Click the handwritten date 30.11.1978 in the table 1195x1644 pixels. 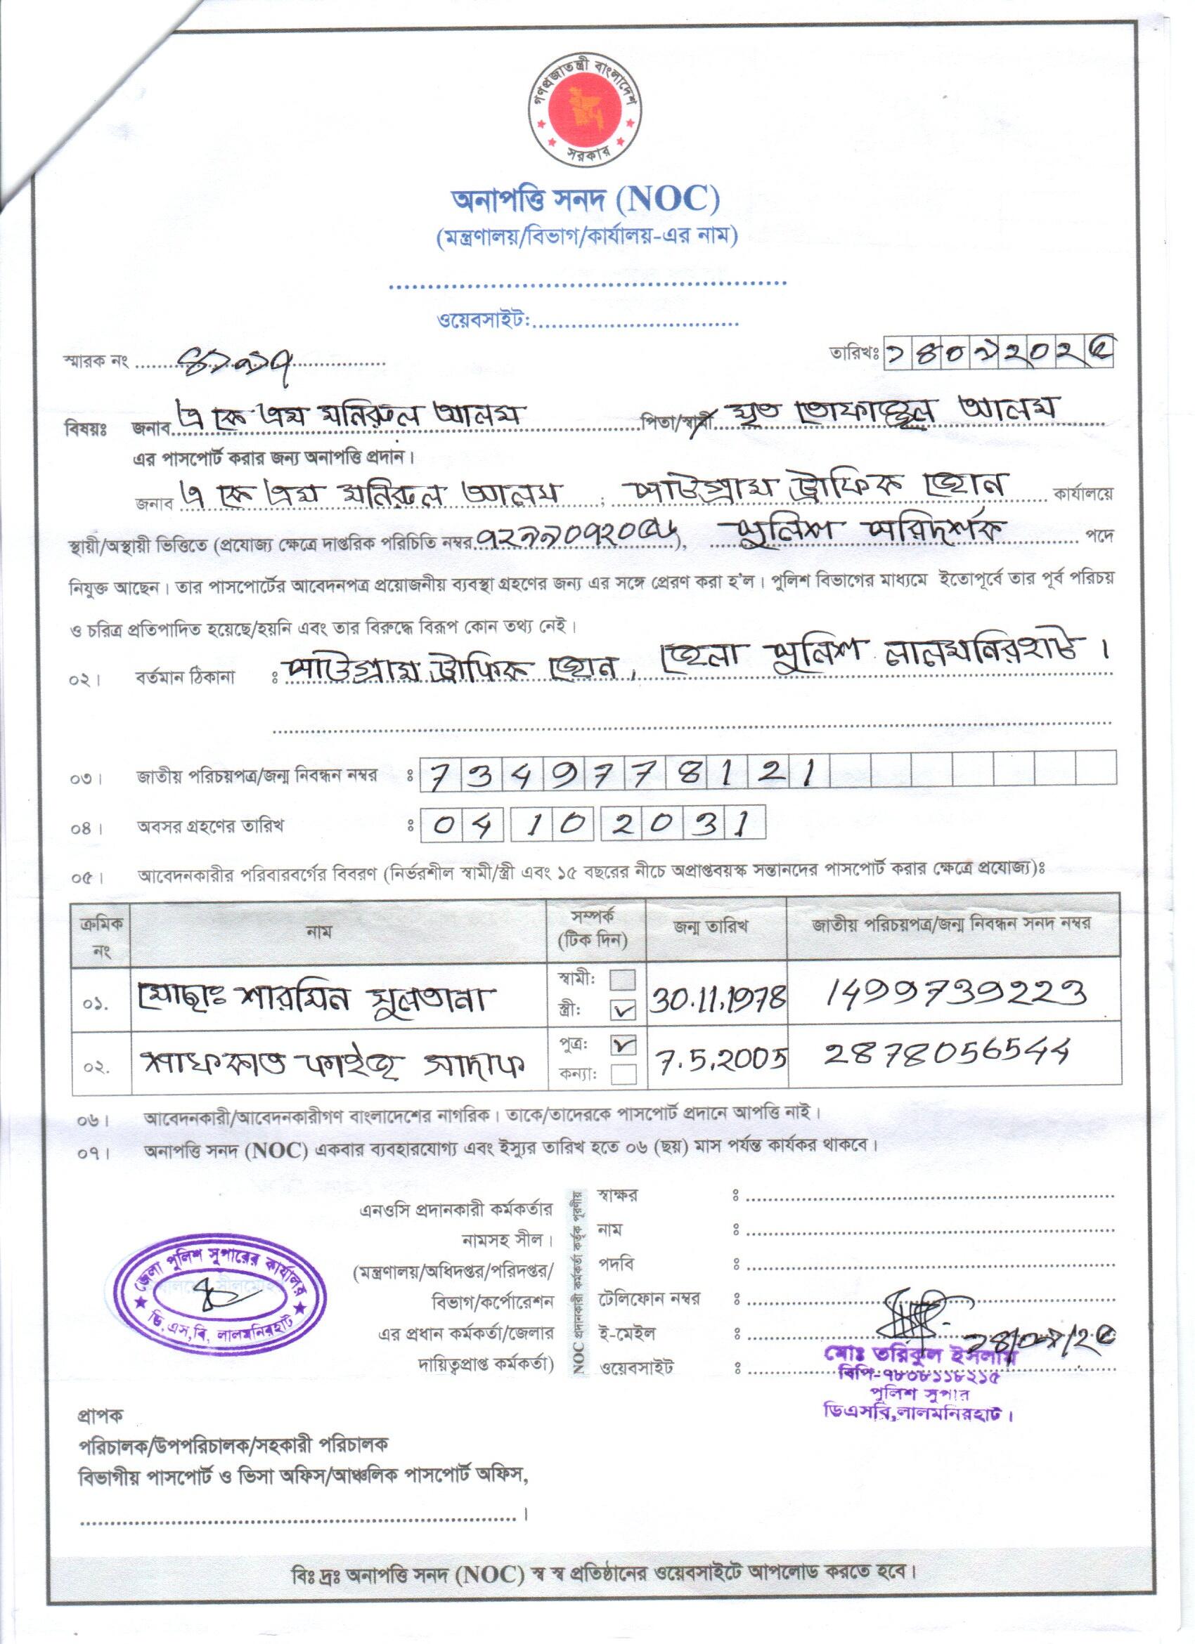[717, 1000]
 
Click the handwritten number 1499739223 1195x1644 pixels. [956, 993]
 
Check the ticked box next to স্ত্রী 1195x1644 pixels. [623, 1009]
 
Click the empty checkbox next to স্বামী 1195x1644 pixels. [623, 980]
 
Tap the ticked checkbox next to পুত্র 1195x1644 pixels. [623, 1045]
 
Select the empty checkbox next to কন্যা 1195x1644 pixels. [623, 1074]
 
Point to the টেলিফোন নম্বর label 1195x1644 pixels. [649, 1298]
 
